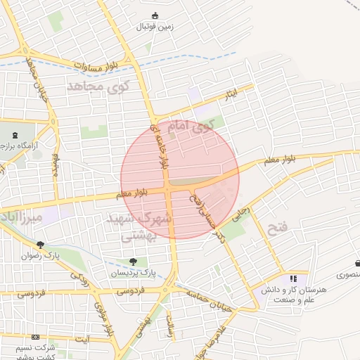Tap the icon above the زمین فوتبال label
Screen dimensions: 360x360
[155, 16]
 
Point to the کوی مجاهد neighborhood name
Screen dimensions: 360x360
[99, 87]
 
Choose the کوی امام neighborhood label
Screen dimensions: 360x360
[191, 127]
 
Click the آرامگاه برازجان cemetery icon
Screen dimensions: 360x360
[16, 133]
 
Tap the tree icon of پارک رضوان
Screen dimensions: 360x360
[40, 245]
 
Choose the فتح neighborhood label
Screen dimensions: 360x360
[275, 227]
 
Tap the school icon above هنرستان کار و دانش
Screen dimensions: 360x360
[293, 279]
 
